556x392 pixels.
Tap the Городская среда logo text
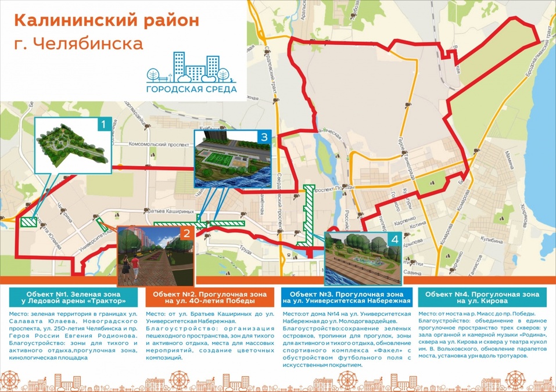(191, 89)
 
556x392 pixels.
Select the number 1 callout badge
(103, 124)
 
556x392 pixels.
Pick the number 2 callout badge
(186, 235)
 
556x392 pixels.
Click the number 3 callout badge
(264, 137)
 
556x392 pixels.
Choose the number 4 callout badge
(394, 239)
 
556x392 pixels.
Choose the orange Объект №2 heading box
(208, 297)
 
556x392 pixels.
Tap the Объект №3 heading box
(347, 297)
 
